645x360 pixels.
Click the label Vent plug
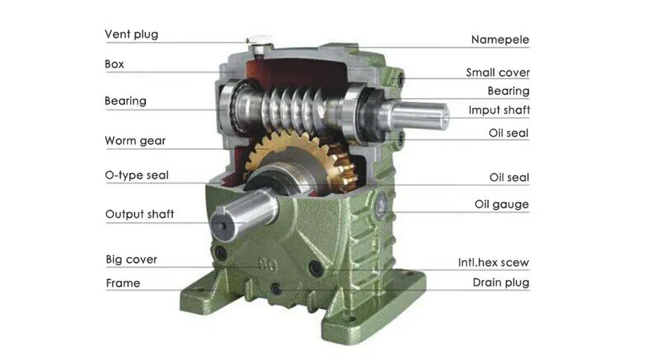coord(131,34)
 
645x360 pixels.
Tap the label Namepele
coord(500,40)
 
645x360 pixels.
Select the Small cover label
coord(498,73)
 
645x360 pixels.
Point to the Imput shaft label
coord(499,110)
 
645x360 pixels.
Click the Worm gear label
coord(135,141)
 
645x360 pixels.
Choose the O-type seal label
coord(137,175)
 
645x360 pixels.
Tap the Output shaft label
coord(140,214)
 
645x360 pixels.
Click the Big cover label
coord(131,260)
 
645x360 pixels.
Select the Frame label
coord(123,283)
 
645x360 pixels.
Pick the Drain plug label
coord(501,283)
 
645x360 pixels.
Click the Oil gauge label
coord(501,204)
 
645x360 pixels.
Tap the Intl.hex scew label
coord(493,263)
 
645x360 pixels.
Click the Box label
coord(114,64)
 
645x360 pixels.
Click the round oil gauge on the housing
coord(383,203)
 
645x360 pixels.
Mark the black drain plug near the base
coord(276,289)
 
